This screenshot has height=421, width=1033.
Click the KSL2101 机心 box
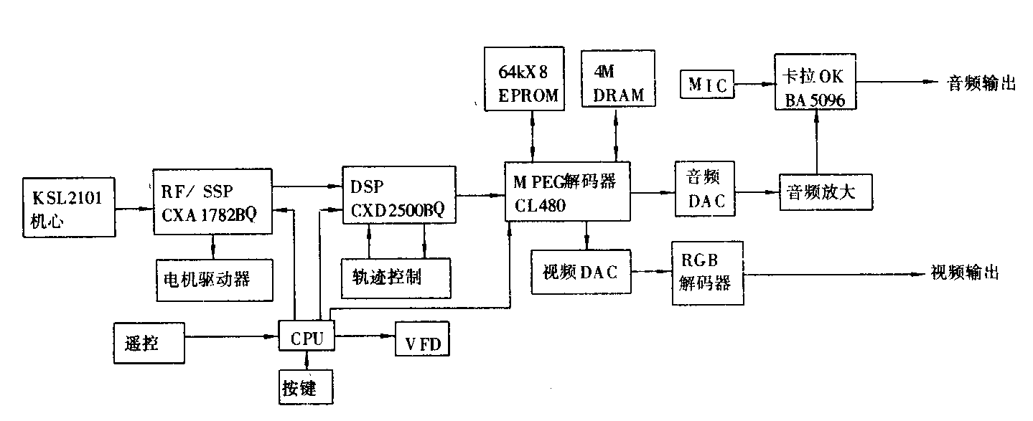tap(68, 206)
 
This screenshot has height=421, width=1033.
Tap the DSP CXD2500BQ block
tap(398, 197)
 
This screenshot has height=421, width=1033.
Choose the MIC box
tap(706, 86)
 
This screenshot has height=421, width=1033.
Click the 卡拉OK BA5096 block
tap(815, 81)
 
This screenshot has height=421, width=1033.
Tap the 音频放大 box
tap(826, 192)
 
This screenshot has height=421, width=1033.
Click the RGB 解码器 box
tap(707, 273)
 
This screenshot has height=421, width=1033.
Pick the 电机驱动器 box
tap(214, 279)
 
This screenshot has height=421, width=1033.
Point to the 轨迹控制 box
tap(396, 276)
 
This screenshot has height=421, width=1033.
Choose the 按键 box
tap(307, 388)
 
